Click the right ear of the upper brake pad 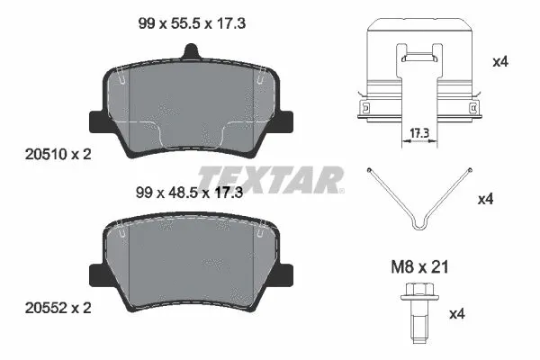pos(287,119)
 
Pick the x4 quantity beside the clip pos(501,62)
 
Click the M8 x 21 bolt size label pos(417,267)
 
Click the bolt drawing pos(417,310)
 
